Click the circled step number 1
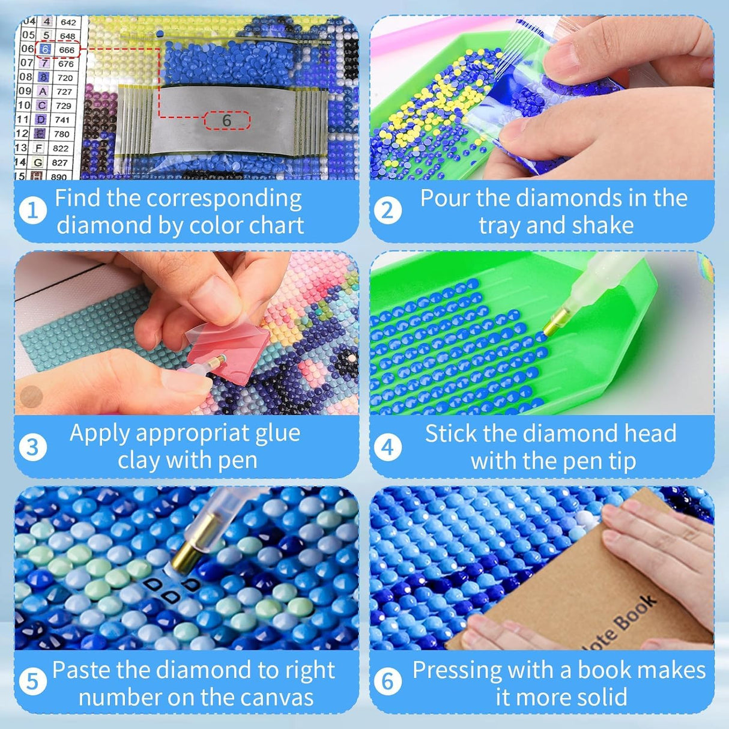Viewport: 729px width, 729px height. pos(32,211)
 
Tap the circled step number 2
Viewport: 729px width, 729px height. pos(387,211)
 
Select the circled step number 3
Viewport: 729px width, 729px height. pos(32,447)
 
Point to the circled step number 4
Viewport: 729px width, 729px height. pos(387,447)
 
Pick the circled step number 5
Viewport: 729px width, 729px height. pos(32,682)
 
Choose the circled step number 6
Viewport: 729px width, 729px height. pos(387,682)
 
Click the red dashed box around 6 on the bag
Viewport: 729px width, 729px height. pos(227,121)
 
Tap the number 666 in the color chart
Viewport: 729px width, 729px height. pos(67,50)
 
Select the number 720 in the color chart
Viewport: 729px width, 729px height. pos(65,77)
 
